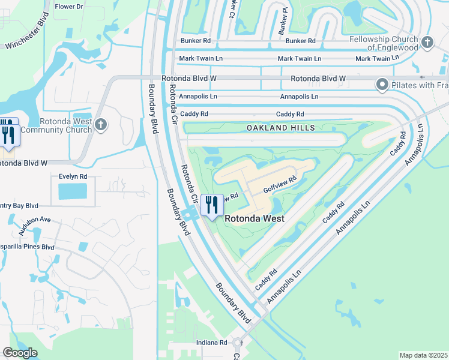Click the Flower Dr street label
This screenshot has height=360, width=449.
69,7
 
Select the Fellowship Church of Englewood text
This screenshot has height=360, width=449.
384,43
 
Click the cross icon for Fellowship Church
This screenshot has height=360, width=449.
427,42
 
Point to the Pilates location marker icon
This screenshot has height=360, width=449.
382,85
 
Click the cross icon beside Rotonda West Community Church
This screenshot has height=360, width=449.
101,125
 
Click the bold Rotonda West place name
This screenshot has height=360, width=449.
255,219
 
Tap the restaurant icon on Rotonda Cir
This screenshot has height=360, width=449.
211,205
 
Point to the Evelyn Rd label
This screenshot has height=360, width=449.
73,177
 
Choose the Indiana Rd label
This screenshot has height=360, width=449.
212,343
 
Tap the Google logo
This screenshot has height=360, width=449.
20,353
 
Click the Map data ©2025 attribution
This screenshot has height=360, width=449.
423,355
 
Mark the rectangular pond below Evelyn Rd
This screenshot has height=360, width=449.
73,192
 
